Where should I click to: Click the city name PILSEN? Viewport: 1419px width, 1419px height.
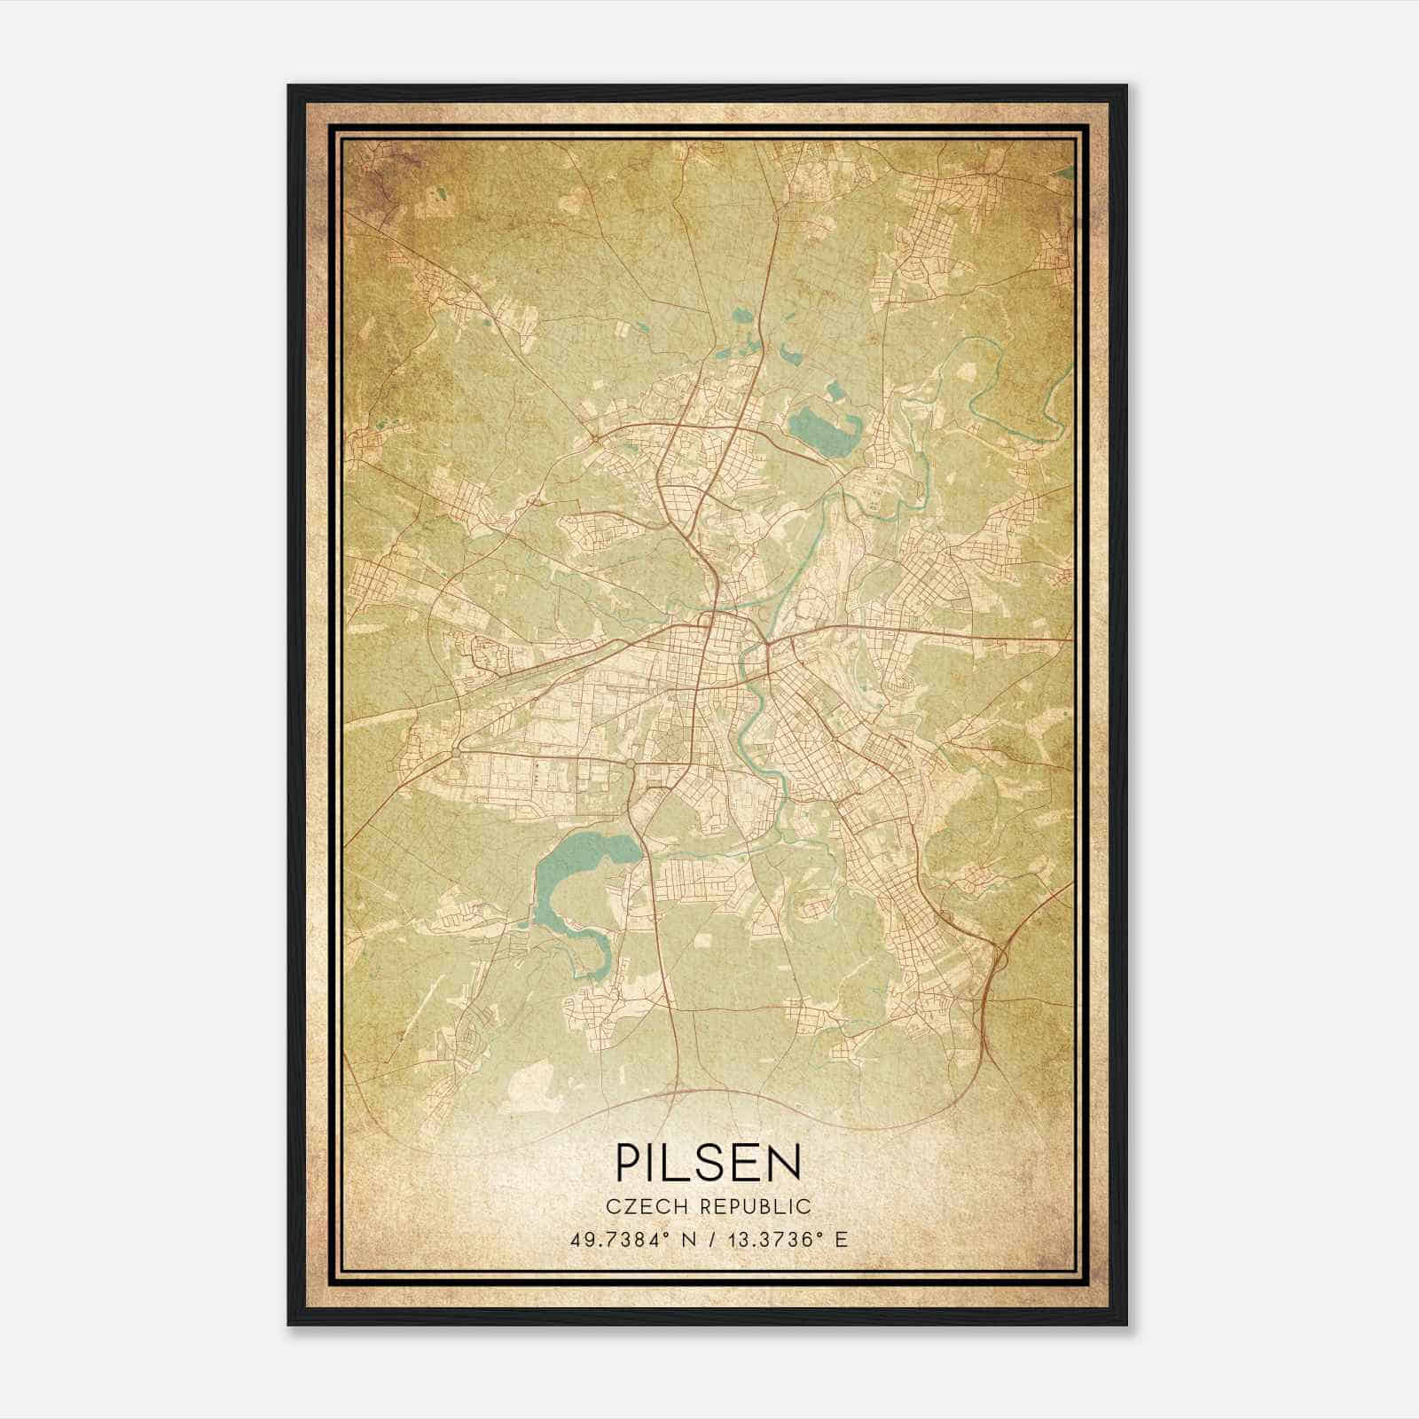click(709, 1162)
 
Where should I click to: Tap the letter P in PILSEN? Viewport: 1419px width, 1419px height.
click(626, 1162)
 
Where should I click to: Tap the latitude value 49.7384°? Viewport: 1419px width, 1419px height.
click(619, 1239)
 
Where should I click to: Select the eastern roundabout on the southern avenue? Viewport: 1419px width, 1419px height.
click(629, 763)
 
